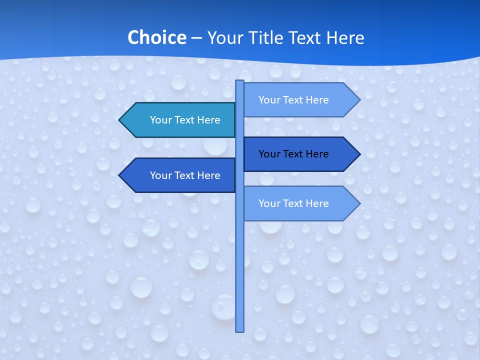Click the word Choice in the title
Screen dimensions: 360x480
[x=156, y=38]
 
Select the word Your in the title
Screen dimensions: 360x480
[x=225, y=38]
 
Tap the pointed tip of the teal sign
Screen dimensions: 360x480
[x=120, y=120]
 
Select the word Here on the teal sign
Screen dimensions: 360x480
[x=208, y=120]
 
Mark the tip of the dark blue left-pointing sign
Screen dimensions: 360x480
[x=120, y=175]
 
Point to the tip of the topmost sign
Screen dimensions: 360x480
[x=359, y=100]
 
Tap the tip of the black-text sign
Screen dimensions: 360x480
[x=359, y=154]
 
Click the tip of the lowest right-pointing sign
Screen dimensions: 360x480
[x=359, y=203]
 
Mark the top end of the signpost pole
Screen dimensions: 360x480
[x=240, y=81]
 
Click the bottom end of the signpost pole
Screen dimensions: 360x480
[x=240, y=330]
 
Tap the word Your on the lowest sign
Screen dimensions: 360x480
[x=269, y=203]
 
